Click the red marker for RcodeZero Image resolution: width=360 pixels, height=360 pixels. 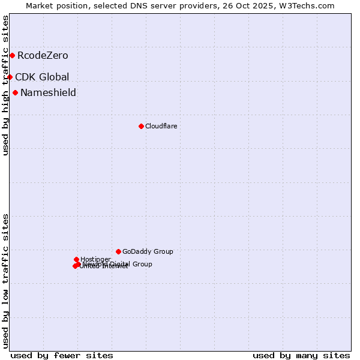coord(12,56)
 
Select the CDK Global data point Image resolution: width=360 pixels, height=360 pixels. coord(10,77)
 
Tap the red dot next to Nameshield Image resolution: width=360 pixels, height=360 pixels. coord(15,92)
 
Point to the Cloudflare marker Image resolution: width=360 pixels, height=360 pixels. coord(141,126)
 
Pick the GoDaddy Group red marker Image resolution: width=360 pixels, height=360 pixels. coord(118,251)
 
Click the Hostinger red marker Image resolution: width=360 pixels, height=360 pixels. coord(76,259)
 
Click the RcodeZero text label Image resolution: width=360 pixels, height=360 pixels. coord(43,56)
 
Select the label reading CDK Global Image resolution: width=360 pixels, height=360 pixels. coord(42,77)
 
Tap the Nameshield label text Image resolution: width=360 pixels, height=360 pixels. coord(48,92)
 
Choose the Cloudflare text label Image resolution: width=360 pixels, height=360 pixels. coord(161,126)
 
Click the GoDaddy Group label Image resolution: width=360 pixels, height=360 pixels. coord(148,251)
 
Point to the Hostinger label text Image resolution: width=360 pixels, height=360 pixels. coord(95,259)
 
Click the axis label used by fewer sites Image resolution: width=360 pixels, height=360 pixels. coord(62,355)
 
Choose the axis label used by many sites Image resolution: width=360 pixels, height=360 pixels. coord(301,355)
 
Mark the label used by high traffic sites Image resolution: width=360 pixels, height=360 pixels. coord(5,85)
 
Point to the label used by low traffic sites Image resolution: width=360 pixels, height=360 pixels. coord(5,281)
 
